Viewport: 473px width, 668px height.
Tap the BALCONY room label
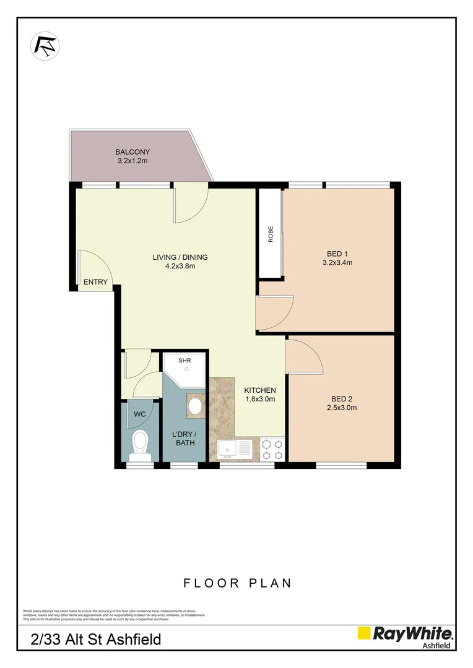132,152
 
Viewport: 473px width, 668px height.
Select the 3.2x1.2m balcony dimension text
132,161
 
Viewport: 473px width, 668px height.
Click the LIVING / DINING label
180,257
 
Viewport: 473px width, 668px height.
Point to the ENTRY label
95,282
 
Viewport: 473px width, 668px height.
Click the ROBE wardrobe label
271,234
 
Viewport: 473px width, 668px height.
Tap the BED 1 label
337,254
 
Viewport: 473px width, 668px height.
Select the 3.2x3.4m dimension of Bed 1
337,263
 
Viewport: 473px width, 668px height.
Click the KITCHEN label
259,390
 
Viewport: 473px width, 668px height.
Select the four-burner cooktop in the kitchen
272,449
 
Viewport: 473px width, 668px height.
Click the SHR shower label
185,360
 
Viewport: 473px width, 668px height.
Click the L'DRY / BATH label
184,438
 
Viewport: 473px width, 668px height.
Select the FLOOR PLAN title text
237,583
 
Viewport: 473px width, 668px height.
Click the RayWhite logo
405,635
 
